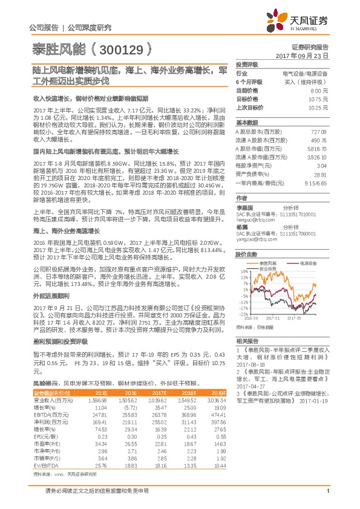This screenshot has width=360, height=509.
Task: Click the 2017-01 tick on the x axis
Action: click(273, 316)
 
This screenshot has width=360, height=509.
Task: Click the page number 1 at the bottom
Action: click(327, 498)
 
